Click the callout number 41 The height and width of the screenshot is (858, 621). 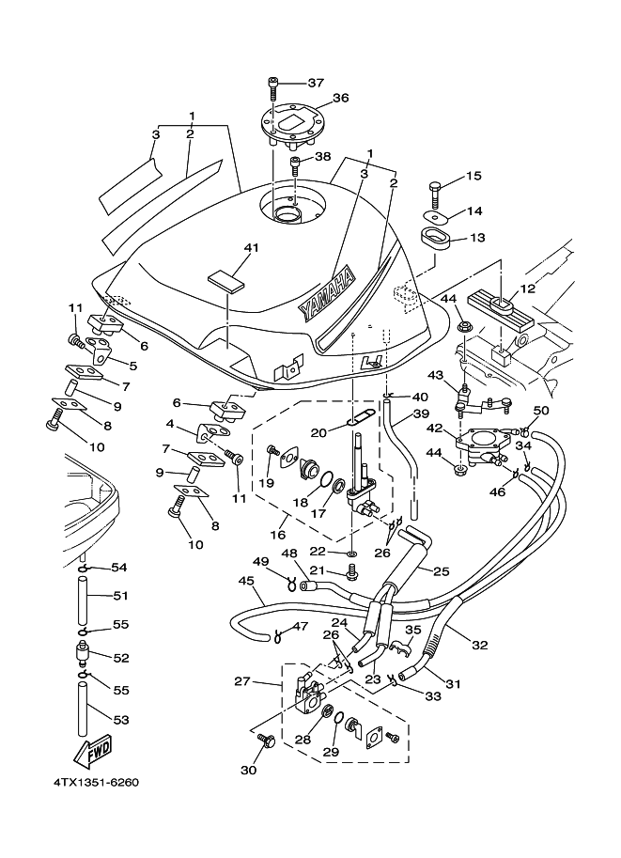coord(250,248)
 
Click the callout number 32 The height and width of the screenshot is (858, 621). coord(479,644)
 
